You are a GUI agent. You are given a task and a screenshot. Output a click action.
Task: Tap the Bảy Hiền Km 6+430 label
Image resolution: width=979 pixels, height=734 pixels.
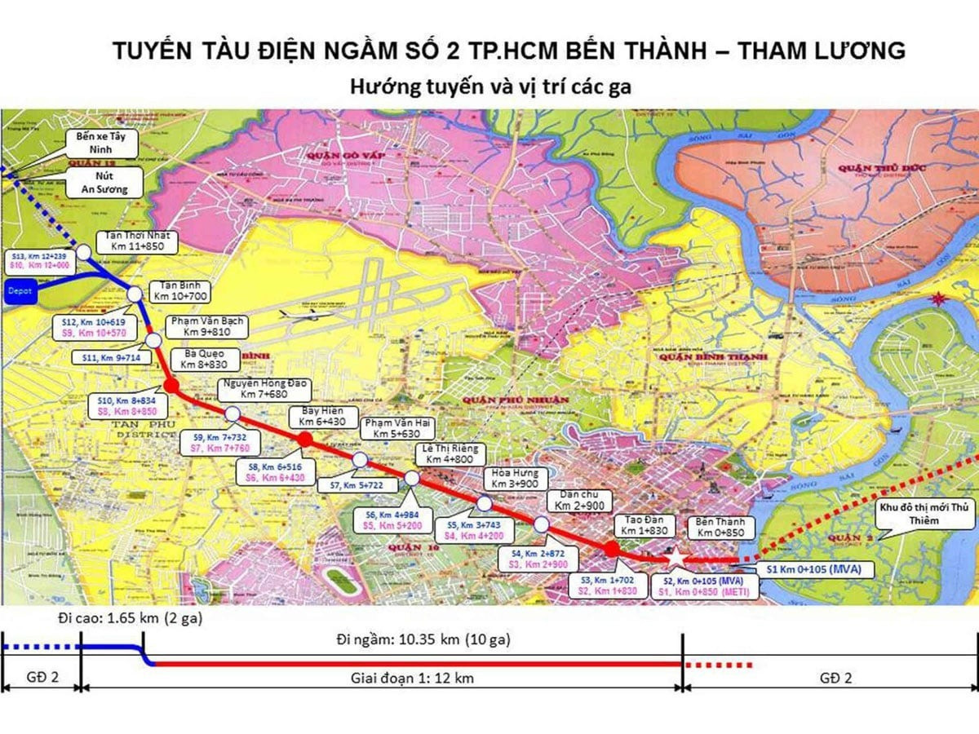tap(321, 417)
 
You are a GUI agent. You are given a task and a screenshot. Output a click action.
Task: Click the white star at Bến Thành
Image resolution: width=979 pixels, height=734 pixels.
tap(676, 557)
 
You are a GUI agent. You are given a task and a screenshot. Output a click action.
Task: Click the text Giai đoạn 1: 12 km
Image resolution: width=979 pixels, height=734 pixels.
tap(412, 679)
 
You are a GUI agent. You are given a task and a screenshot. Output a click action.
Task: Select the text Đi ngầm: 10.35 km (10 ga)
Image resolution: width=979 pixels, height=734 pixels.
tap(423, 640)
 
